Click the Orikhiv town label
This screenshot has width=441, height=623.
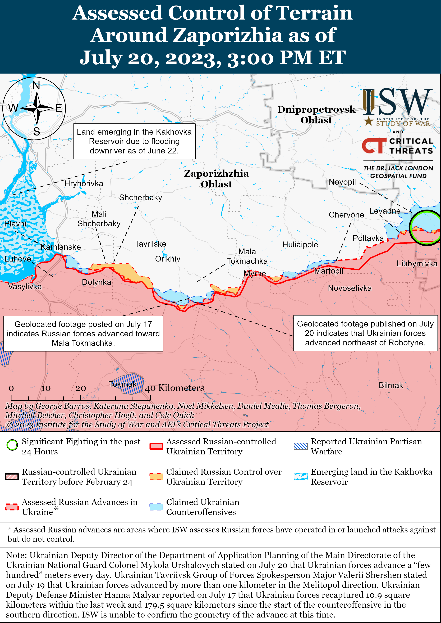coord(168,259)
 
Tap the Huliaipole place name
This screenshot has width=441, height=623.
coord(300,245)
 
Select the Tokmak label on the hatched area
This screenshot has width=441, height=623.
coord(123,384)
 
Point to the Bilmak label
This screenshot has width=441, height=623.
coord(391,386)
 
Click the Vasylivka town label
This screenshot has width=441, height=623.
coord(25,287)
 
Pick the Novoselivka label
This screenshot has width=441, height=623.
coord(350,288)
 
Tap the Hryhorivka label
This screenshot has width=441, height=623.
coord(84,184)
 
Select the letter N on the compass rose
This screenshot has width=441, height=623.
coord(36,86)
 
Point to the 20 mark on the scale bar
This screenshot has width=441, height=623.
coord(81,388)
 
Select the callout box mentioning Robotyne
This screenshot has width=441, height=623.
coord(365,333)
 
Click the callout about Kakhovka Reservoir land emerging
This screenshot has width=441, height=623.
coord(134,141)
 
